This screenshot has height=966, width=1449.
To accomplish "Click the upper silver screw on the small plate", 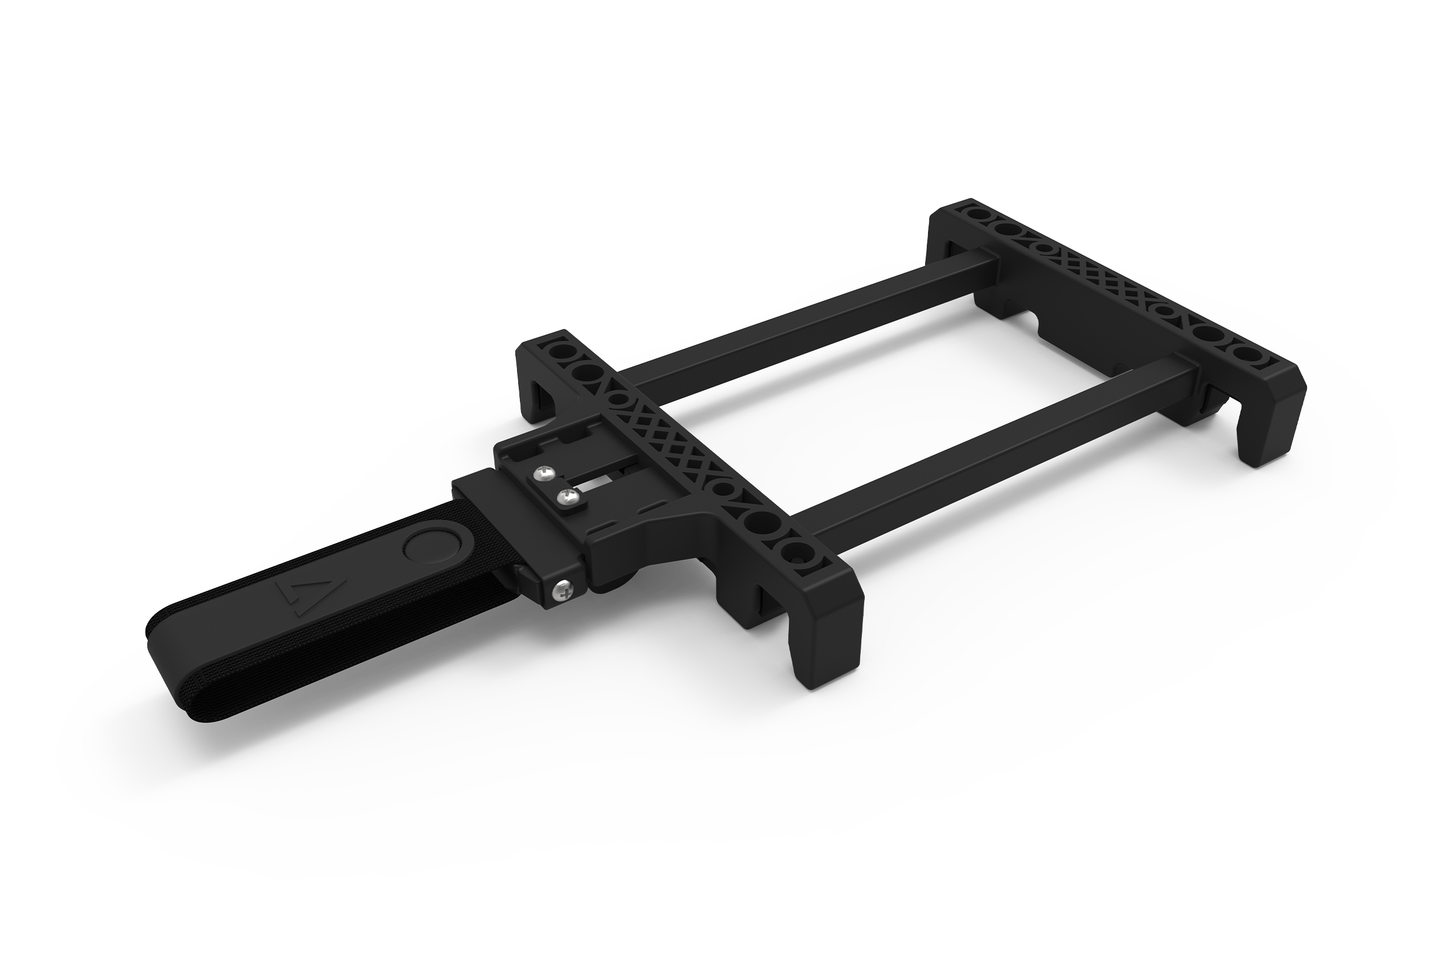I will tap(544, 473).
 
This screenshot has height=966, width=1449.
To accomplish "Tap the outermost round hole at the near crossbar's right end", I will tap(796, 550).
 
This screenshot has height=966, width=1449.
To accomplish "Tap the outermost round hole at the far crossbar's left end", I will tap(977, 215).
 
